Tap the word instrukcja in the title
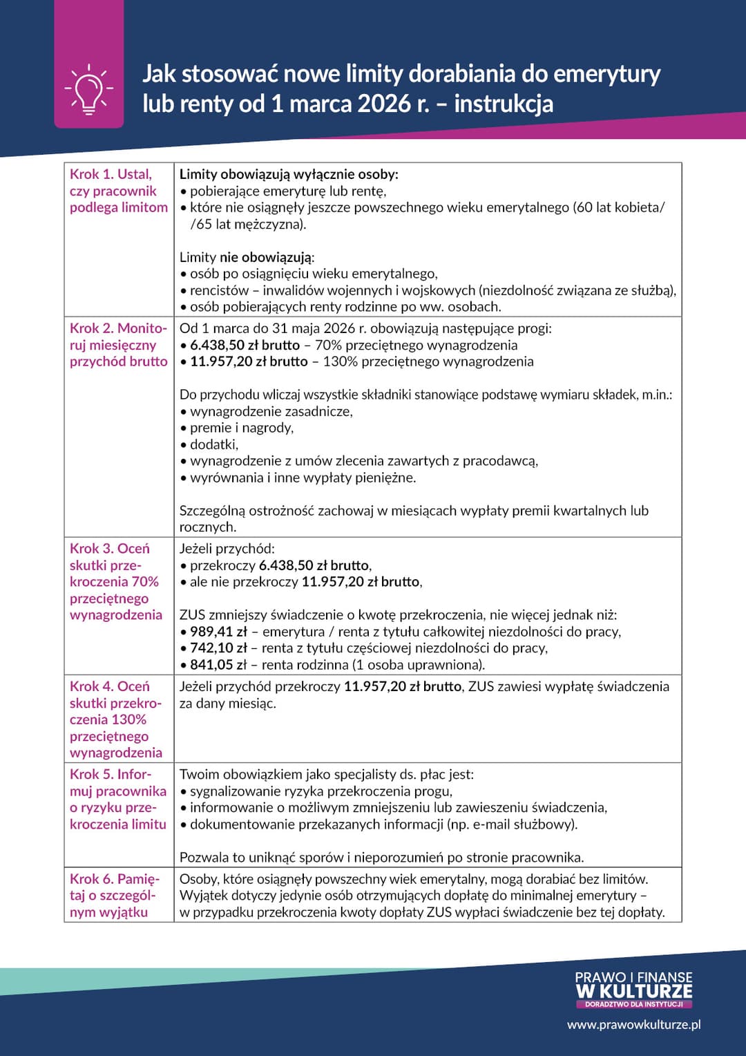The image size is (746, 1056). (x=504, y=104)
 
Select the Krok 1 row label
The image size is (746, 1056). (x=118, y=191)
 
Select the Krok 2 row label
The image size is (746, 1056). (x=118, y=345)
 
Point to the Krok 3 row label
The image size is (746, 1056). (x=115, y=581)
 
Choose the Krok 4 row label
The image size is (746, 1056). (x=115, y=719)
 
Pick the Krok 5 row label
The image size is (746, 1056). (x=117, y=799)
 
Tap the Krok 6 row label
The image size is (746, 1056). (x=114, y=895)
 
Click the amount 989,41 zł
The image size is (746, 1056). (x=218, y=632)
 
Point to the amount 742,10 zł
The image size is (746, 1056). (x=218, y=648)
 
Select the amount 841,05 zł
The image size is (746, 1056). (x=218, y=665)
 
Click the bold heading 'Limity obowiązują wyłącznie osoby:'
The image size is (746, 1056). (x=289, y=174)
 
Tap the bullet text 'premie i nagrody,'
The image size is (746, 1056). (x=242, y=428)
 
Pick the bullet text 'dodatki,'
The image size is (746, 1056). (x=214, y=444)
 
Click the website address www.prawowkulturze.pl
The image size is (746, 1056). (x=633, y=1024)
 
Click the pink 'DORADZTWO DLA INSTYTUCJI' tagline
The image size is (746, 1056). (x=633, y=1004)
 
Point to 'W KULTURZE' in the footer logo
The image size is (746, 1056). (x=633, y=991)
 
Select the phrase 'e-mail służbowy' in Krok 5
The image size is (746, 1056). (x=519, y=824)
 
